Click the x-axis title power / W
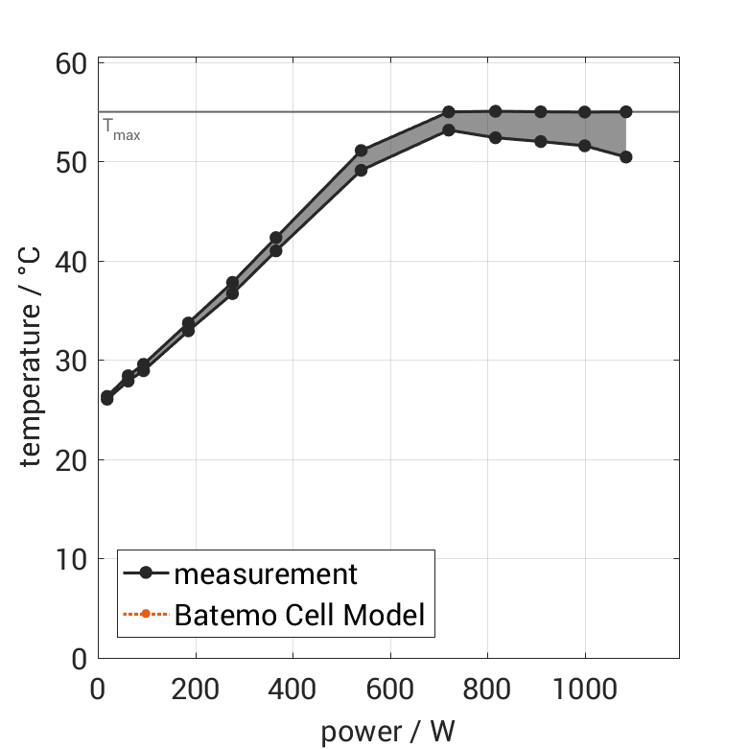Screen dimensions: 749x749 point(387,731)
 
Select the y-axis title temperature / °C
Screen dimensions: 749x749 point(33,361)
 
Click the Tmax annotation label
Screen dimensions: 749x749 point(122,129)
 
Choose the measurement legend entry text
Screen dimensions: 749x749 point(266,574)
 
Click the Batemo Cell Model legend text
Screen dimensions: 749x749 point(299,614)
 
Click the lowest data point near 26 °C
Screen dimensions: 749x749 point(106,399)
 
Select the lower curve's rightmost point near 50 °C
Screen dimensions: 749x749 point(625,156)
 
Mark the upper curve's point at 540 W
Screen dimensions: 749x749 point(361,151)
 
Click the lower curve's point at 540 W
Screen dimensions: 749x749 point(361,170)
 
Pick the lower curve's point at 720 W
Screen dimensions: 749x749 point(448,129)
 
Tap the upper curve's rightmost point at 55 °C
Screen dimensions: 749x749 point(625,111)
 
